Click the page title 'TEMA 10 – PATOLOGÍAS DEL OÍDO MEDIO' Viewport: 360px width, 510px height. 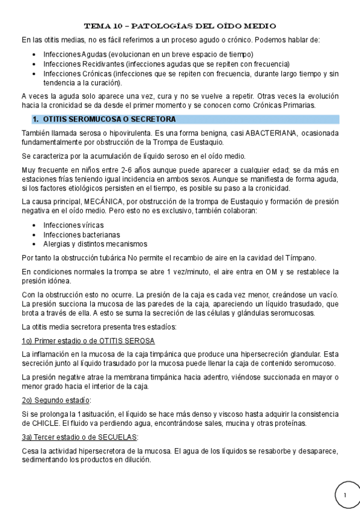(x=180, y=26)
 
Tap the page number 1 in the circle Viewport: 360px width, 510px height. (x=346, y=494)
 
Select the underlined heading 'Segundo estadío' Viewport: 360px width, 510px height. (x=55, y=400)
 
